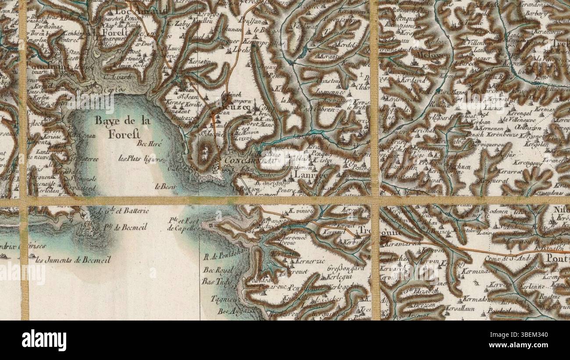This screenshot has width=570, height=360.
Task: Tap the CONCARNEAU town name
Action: (x=249, y=161)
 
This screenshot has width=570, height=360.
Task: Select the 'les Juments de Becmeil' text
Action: (x=73, y=260)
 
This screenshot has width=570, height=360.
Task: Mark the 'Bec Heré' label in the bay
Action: (x=150, y=143)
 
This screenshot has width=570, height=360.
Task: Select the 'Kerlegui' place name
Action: (x=340, y=277)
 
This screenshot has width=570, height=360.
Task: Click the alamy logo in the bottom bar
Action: (x=44, y=340)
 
